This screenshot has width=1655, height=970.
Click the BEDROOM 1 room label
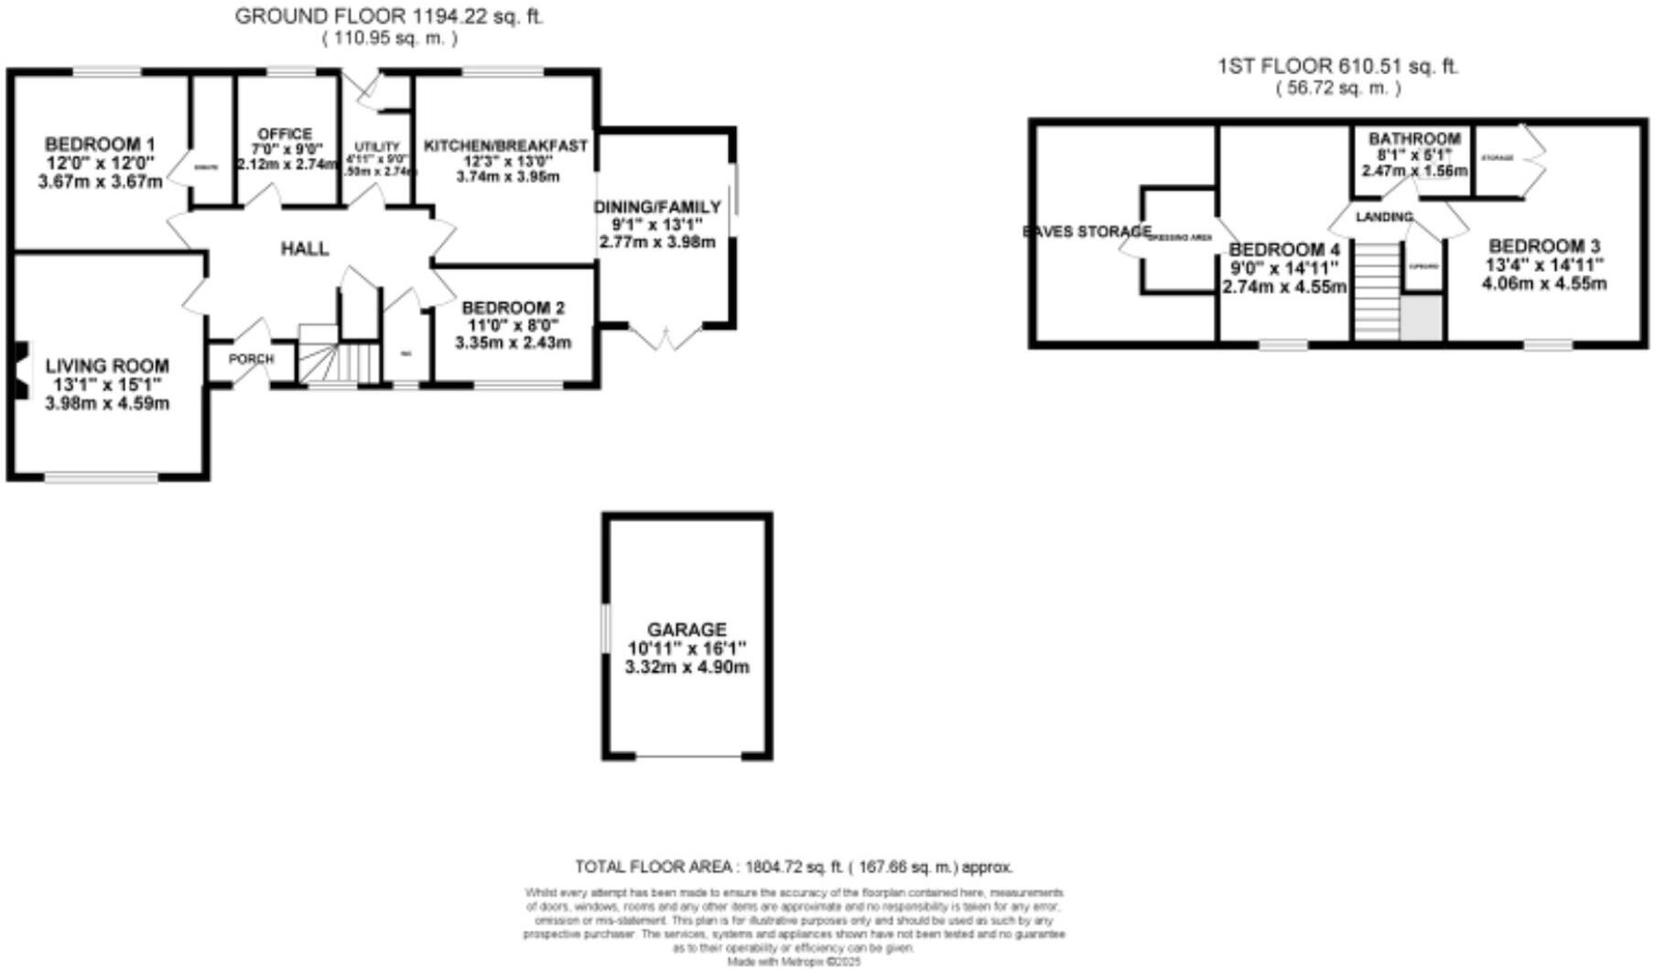click(x=100, y=145)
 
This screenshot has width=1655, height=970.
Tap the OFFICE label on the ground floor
click(x=284, y=134)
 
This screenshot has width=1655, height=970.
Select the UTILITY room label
click(x=377, y=147)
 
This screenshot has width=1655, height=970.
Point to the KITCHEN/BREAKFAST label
click(x=505, y=146)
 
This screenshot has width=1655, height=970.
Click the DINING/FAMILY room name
click(x=657, y=207)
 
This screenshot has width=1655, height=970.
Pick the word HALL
click(x=305, y=249)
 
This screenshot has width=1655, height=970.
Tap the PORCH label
click(x=251, y=358)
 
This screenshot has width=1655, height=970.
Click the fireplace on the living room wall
click(x=20, y=370)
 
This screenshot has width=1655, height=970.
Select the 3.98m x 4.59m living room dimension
click(x=107, y=403)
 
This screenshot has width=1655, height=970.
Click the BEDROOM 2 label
click(x=513, y=308)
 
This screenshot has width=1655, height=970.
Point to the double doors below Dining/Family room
click(x=665, y=337)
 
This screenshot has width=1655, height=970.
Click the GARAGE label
click(x=687, y=630)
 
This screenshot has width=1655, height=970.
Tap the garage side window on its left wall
click(x=605, y=628)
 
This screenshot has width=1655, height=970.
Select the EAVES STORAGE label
click(x=1086, y=232)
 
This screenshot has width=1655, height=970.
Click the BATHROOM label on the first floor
click(x=1414, y=139)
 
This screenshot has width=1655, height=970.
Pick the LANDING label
click(x=1384, y=217)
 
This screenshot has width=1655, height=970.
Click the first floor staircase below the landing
click(x=1377, y=291)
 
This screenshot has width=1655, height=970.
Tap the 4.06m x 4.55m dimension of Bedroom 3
click(x=1543, y=284)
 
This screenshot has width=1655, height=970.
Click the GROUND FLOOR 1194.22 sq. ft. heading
click(x=389, y=16)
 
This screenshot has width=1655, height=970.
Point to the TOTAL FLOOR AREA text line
click(x=794, y=866)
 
